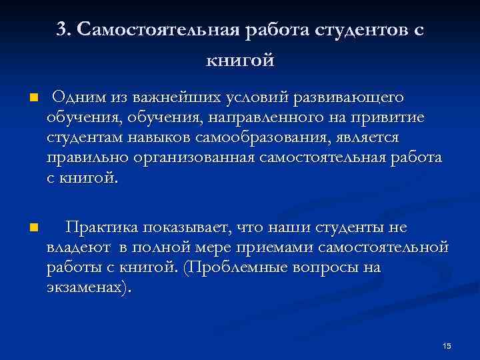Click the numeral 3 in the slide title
(x=61, y=31)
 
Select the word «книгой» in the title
(x=240, y=61)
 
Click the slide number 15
(x=447, y=345)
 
